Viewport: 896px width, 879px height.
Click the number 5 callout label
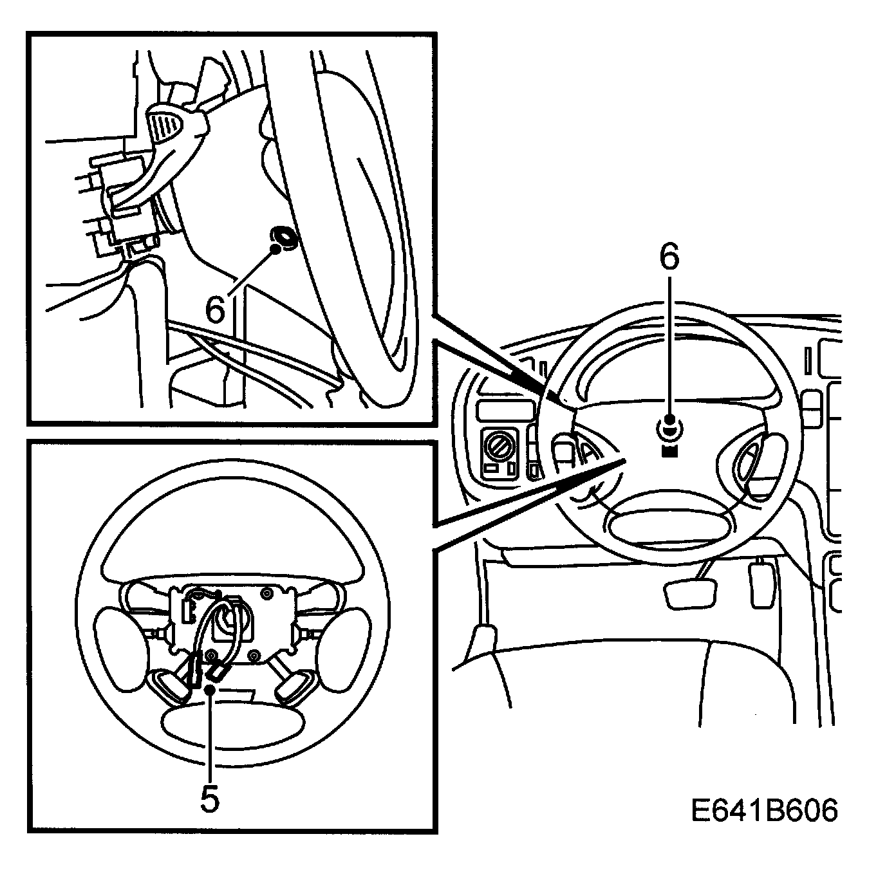coord(210,799)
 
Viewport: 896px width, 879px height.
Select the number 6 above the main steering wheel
coord(669,257)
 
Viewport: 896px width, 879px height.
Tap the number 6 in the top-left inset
coord(215,310)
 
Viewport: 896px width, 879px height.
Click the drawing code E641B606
coord(765,811)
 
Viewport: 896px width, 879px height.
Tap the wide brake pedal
coord(689,593)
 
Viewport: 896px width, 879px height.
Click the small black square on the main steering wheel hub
coord(669,450)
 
